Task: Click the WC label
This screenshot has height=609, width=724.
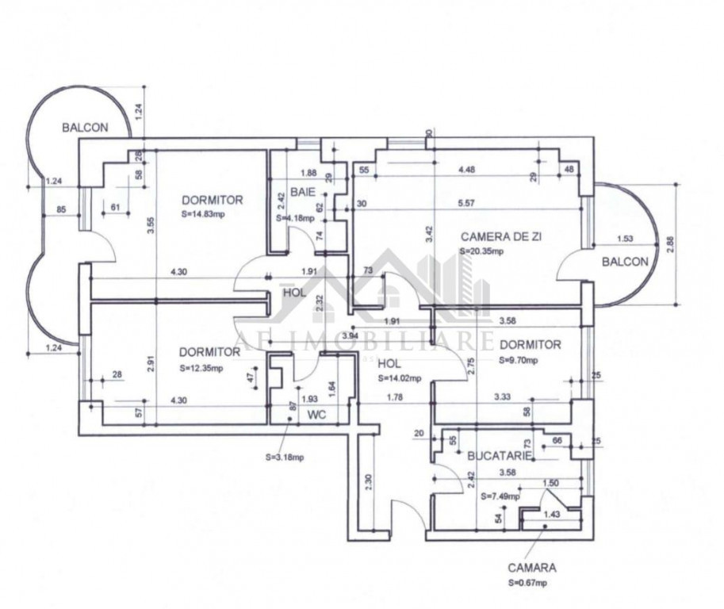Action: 316,414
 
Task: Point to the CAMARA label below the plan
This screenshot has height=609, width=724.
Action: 532,568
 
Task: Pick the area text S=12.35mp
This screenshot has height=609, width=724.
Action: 202,368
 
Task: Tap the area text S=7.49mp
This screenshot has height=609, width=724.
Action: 500,496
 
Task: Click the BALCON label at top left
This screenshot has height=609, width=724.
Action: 85,127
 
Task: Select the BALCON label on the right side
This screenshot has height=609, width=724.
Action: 625,261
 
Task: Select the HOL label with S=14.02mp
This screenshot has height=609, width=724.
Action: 389,364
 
